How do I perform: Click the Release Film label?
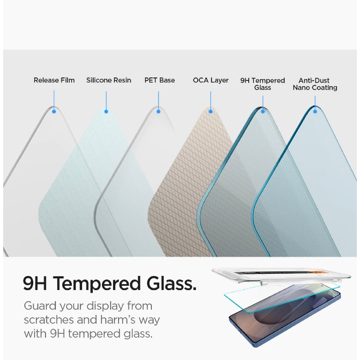[54, 80]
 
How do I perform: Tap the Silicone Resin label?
[109, 80]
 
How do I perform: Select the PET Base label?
[160, 80]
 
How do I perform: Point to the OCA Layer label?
[211, 81]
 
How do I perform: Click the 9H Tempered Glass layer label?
[263, 84]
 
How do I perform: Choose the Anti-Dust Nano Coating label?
[315, 84]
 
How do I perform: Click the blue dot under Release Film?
[54, 111]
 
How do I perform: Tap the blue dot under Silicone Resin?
[106, 111]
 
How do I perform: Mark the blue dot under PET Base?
[159, 111]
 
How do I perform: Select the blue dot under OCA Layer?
[211, 111]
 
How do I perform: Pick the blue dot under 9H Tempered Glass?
[263, 111]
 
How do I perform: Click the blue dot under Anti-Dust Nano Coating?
[315, 111]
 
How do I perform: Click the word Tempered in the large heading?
[97, 284]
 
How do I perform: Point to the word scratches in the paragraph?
[49, 320]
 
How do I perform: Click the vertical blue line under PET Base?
[159, 101]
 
